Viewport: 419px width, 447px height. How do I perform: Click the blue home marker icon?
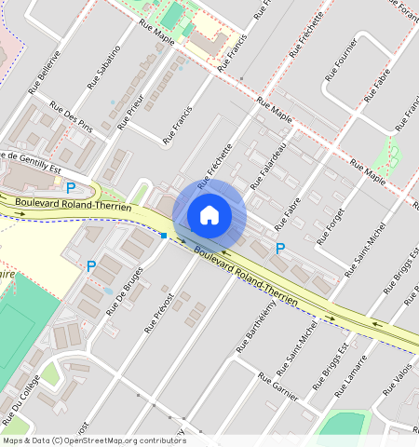(209, 215)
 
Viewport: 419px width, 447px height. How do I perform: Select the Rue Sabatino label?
(104, 66)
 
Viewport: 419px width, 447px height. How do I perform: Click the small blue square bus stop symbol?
(164, 236)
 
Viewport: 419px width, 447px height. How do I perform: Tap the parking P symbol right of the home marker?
(280, 249)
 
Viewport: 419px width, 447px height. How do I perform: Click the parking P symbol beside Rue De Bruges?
(91, 266)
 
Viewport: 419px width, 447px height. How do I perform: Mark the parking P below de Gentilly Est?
(70, 187)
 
